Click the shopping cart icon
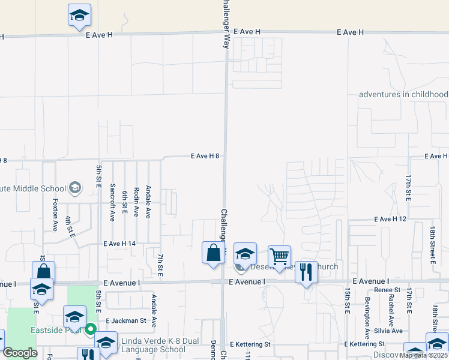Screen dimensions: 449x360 pyautogui.click(x=279, y=257)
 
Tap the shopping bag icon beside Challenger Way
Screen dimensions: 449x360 pyautogui.click(x=213, y=253)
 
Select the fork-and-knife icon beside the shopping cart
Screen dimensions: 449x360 pyautogui.click(x=306, y=272)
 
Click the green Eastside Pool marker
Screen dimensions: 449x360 pyautogui.click(x=91, y=329)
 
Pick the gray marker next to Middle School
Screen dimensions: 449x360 pyautogui.click(x=75, y=188)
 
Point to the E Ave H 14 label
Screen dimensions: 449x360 pyautogui.click(x=119, y=244)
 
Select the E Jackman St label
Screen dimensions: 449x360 pyautogui.click(x=126, y=320)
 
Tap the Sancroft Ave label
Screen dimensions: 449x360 pyautogui.click(x=112, y=202)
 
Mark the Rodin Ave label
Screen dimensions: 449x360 pyautogui.click(x=136, y=200)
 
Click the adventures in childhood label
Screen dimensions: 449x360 pyautogui.click(x=403, y=94)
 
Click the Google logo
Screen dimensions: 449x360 pyautogui.click(x=20, y=353)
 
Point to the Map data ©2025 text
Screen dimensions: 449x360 pyautogui.click(x=423, y=355)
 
